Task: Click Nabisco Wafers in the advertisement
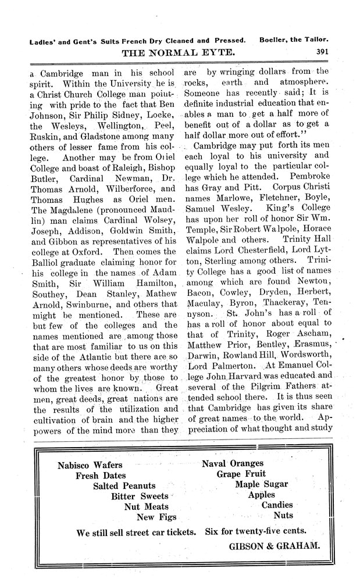point(90,465)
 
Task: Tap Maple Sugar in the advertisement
point(260,485)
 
